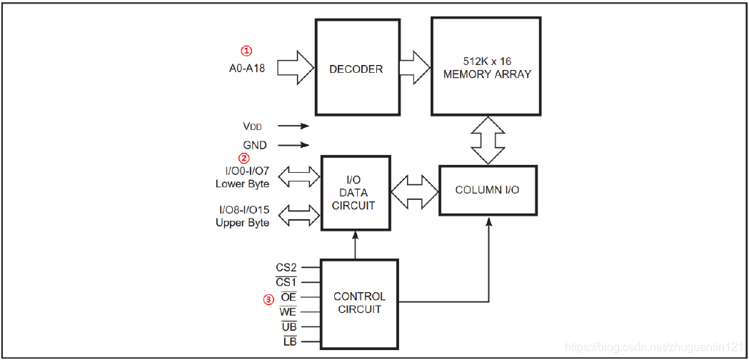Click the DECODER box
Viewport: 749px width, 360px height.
coord(356,69)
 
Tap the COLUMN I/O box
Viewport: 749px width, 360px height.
coord(487,190)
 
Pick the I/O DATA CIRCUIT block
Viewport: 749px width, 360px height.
coord(356,193)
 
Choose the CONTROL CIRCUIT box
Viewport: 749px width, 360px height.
coord(359,302)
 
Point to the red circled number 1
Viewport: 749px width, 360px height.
coord(246,51)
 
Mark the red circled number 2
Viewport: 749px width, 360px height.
coord(244,159)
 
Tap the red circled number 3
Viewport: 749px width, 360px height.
coord(268,300)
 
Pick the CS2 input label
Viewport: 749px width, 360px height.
coord(286,268)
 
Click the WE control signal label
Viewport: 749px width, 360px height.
coord(288,312)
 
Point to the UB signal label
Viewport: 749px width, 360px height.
coord(288,326)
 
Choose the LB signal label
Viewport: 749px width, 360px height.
coord(289,341)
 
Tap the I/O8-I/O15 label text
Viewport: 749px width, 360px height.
coord(243,209)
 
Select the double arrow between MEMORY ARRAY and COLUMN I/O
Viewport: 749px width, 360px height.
coord(488,140)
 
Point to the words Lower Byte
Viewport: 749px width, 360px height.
coord(243,184)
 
